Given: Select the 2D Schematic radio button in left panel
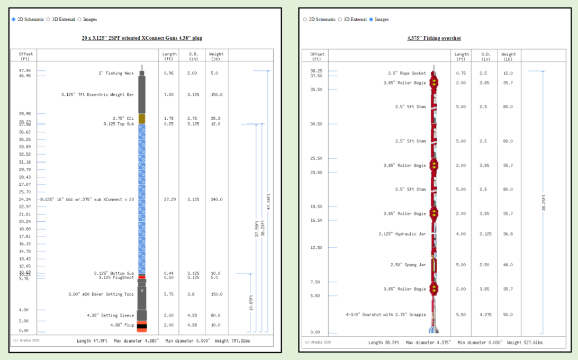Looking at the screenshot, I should coord(14,20).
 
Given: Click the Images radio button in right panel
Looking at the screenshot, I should coord(372,20).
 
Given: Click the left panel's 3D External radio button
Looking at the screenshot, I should coord(48,20).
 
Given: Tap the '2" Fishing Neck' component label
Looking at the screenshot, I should coord(116,73).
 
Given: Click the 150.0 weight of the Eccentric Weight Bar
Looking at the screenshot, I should coord(217,95).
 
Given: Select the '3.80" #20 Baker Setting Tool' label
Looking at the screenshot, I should coord(101,294).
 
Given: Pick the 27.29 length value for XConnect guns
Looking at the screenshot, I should coord(169,200).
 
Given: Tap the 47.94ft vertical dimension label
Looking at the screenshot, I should coord(268,202).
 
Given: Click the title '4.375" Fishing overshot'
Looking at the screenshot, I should coord(433,38).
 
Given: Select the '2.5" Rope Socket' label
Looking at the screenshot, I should coord(407,73).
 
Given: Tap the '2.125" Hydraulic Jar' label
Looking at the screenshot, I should coord(402,234).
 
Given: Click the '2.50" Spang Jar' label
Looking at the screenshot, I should coord(408,265).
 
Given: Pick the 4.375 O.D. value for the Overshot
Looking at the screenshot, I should coord(486,315).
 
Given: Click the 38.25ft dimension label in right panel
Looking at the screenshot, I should coord(544,202).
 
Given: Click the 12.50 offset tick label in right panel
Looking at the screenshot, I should coord(316,248).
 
